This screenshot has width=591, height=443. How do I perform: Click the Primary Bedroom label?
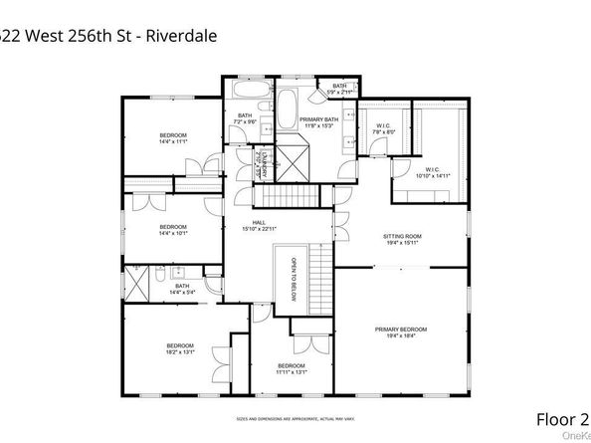401,332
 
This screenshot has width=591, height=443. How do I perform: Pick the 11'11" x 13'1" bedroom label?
292,369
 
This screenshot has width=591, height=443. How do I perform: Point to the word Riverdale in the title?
180,37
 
